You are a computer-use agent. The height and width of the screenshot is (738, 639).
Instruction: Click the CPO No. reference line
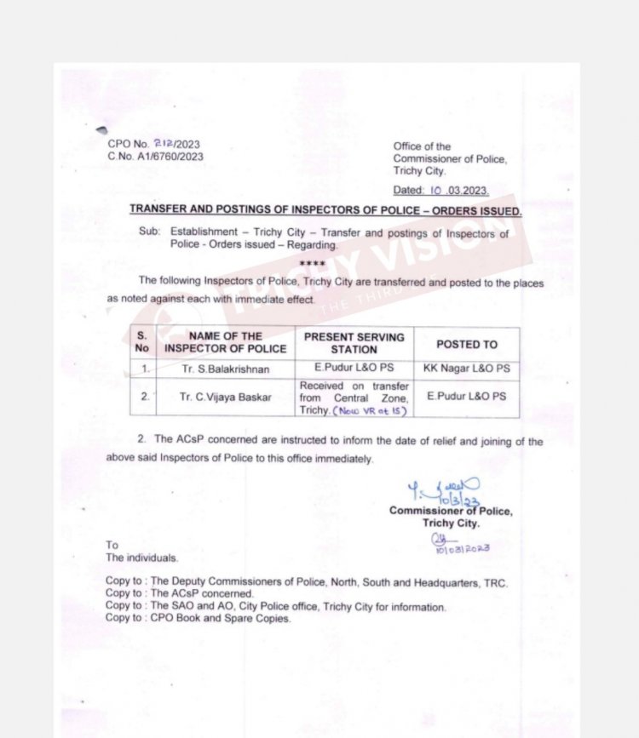153,145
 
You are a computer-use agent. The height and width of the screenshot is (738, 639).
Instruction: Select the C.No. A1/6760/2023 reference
155,157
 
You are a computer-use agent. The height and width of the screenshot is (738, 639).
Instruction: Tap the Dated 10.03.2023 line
440,191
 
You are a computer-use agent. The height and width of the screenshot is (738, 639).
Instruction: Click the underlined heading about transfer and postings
325,209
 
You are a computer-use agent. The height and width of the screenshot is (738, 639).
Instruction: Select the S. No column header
141,342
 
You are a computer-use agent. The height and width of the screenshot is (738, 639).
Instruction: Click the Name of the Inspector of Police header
225,342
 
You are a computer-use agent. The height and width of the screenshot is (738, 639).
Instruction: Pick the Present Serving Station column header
354,342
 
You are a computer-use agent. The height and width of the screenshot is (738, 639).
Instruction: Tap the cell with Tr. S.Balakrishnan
225,369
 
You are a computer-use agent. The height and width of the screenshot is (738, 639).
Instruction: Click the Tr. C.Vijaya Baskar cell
225,397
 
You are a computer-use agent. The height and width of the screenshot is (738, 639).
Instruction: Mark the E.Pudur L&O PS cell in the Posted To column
466,397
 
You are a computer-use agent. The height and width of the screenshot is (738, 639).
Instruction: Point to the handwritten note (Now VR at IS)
371,410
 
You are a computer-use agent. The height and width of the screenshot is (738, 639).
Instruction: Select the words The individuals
142,558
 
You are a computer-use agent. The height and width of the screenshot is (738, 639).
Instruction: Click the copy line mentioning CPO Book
198,619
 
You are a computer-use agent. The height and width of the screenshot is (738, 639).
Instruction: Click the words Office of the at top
422,146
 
